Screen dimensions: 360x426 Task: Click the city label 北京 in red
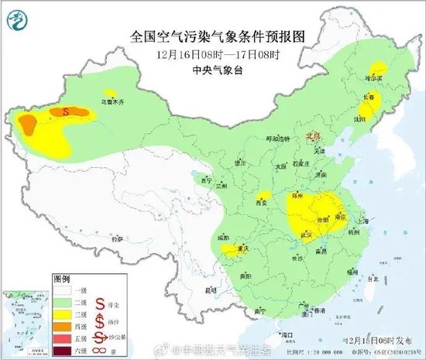pos(313,135)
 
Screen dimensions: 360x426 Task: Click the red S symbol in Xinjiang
pos(66,111)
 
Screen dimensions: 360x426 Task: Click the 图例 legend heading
pos(61,276)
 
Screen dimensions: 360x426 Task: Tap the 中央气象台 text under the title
pos(211,67)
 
